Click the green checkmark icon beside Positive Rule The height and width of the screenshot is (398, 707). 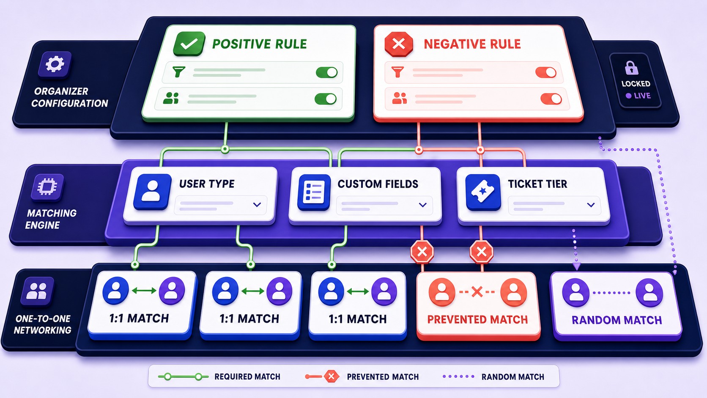[x=189, y=44]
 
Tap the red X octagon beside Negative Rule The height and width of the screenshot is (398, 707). [x=399, y=44]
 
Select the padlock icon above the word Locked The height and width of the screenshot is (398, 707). [x=631, y=68]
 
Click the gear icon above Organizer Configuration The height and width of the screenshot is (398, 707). [x=55, y=64]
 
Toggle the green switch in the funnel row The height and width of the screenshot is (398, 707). [x=327, y=73]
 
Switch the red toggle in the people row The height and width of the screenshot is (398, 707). [x=551, y=99]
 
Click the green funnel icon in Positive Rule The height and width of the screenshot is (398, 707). [x=178, y=71]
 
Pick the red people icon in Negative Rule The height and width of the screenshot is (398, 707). [x=399, y=98]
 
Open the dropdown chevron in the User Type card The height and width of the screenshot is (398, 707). [x=257, y=205]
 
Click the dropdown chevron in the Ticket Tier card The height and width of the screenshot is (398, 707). [x=591, y=205]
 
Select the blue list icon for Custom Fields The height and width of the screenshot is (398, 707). [x=314, y=192]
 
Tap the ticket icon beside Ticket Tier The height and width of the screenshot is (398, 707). [x=483, y=192]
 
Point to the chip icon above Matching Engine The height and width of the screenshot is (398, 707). [x=47, y=187]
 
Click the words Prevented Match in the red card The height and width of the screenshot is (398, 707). [x=477, y=319]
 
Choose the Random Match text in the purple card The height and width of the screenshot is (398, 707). [x=617, y=320]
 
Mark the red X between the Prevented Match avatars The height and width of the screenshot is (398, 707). [x=477, y=292]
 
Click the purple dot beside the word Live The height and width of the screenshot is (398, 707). [x=628, y=96]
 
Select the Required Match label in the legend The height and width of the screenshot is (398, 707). [x=247, y=376]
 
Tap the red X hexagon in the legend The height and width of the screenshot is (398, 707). [x=331, y=376]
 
